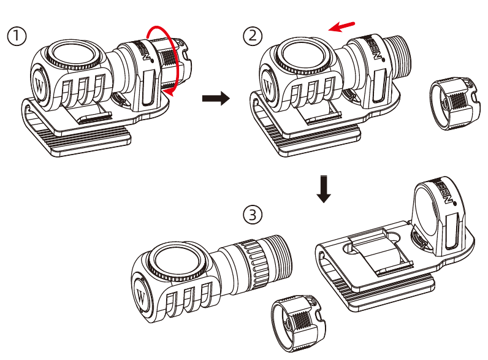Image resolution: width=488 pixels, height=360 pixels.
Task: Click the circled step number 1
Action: click(17, 36)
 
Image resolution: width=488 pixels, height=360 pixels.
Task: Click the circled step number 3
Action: click(253, 215)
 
